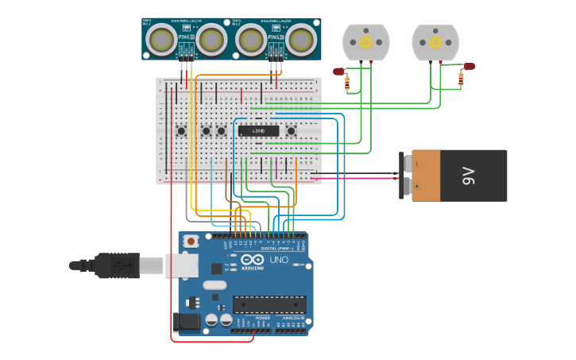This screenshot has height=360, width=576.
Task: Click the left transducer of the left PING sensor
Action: pyautogui.click(x=163, y=38)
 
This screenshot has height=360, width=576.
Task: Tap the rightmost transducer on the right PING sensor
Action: pyautogui.click(x=302, y=38)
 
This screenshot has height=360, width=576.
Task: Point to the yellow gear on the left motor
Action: pyautogui.click(x=365, y=41)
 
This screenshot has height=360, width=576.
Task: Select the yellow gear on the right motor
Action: pyautogui.click(x=435, y=41)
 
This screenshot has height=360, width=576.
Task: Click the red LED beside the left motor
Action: pyautogui.click(x=338, y=72)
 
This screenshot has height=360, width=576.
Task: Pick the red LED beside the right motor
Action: pyautogui.click(x=470, y=66)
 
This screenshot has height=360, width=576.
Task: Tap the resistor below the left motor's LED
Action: pyautogui.click(x=347, y=83)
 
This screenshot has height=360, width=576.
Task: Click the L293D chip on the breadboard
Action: pyautogui.click(x=259, y=130)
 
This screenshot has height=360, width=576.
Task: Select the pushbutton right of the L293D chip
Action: pyautogui.click(x=292, y=130)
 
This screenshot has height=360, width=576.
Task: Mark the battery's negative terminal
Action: pyautogui.click(x=406, y=163)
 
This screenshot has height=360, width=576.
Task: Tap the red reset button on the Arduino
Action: pyautogui.click(x=191, y=241)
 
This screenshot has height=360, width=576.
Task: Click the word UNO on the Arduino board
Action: pyautogui.click(x=280, y=260)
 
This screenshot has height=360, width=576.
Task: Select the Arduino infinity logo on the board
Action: pyautogui.click(x=252, y=260)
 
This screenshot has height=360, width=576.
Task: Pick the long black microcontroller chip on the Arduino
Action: pyautogui.click(x=269, y=304)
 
